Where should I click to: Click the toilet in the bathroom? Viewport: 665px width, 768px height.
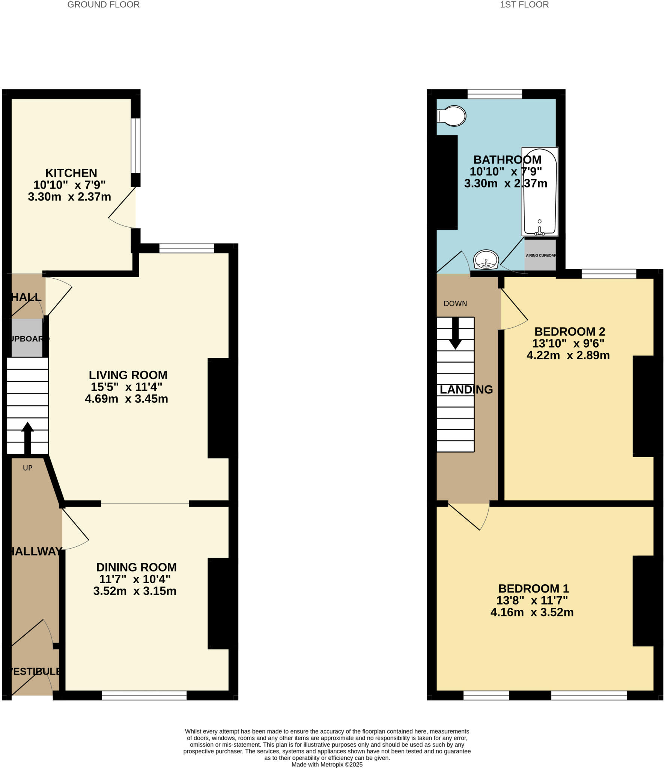tap(452, 116)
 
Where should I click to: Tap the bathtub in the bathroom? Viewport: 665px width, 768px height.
tap(539, 191)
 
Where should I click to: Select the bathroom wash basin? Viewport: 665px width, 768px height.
tap(486, 259)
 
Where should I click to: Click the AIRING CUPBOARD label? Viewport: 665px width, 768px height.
tap(540, 255)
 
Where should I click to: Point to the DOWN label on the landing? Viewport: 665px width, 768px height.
tap(455, 303)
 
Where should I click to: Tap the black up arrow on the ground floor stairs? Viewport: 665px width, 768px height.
tap(27, 438)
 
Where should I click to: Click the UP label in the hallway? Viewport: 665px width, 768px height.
tap(28, 468)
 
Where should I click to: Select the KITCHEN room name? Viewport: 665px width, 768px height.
tap(71, 173)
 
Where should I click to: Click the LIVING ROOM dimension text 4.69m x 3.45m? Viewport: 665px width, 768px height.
tap(126, 399)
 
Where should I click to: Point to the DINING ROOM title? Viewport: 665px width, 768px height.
tap(136, 567)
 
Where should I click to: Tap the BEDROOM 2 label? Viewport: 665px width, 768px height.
tap(570, 331)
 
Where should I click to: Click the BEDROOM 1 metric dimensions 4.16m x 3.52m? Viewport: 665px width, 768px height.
tap(532, 612)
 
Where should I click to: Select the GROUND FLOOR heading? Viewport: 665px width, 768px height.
tap(103, 4)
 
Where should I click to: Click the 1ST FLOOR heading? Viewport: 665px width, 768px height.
tap(524, 4)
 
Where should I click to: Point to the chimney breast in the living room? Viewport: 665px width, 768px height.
tap(221, 408)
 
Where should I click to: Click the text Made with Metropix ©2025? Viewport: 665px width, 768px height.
tap(327, 764)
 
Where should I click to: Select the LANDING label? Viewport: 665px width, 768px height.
tap(466, 390)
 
